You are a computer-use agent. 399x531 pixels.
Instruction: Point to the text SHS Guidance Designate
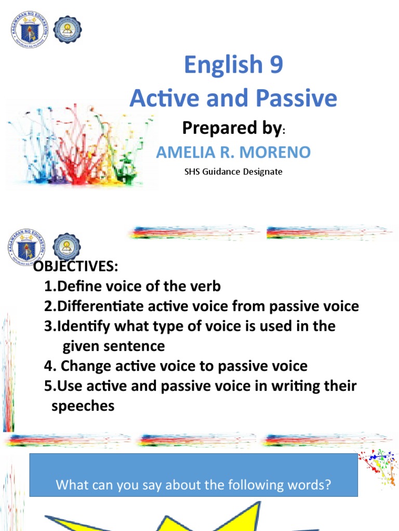click(x=233, y=171)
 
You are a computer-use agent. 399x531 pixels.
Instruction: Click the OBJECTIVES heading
click(x=76, y=267)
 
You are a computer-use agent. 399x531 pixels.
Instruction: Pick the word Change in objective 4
click(x=83, y=366)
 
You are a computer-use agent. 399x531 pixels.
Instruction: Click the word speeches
click(x=83, y=406)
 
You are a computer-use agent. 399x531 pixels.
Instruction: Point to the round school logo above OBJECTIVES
click(x=66, y=246)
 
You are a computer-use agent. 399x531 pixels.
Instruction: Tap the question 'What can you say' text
click(x=193, y=485)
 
